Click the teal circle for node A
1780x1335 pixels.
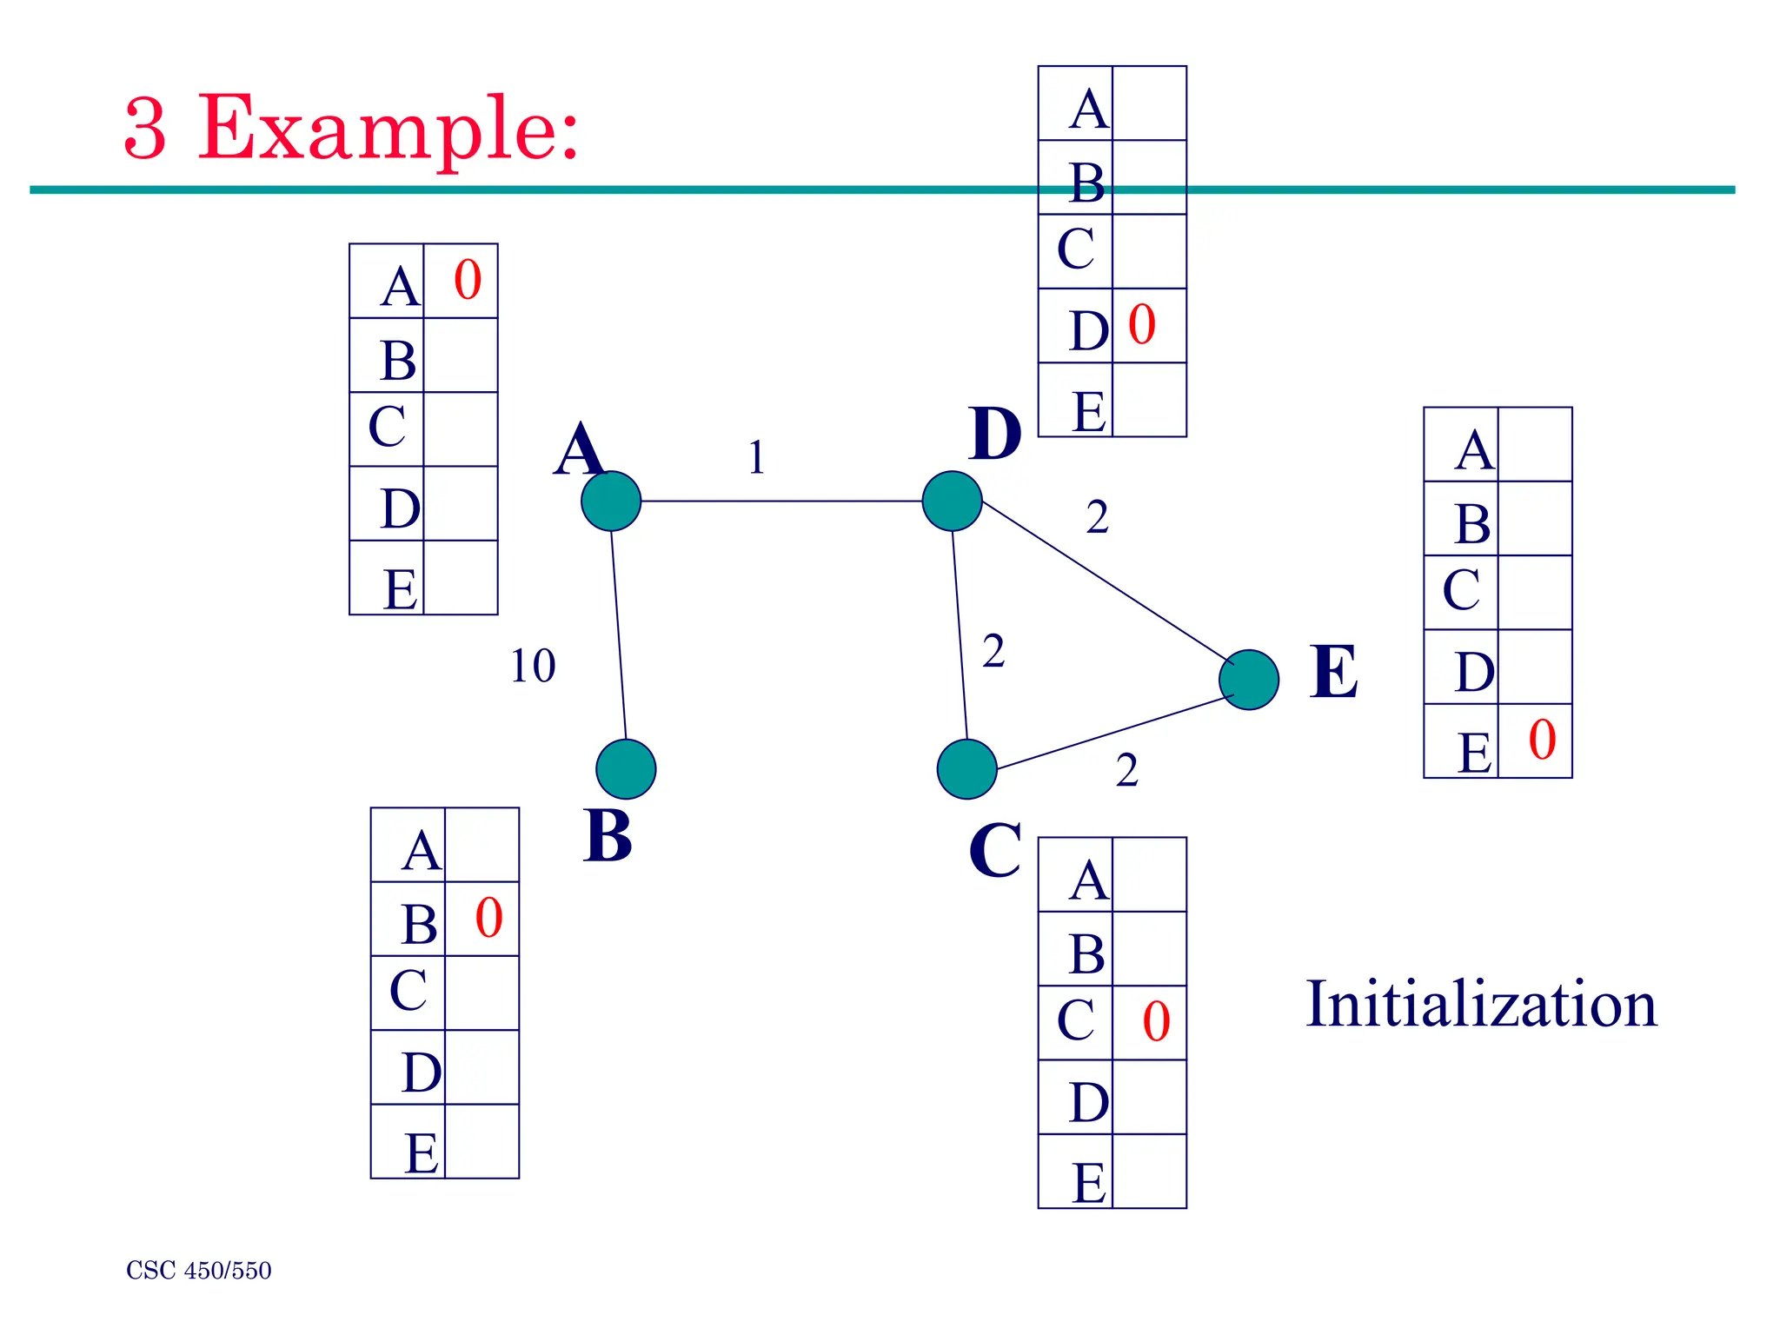point(611,501)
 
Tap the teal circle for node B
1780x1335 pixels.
point(626,769)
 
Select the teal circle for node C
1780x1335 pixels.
point(966,769)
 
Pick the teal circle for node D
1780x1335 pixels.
point(952,501)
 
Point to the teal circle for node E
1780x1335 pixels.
point(1249,680)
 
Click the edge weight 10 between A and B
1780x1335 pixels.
point(533,667)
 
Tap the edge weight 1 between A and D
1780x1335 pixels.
point(756,457)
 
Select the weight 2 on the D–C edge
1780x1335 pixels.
point(993,651)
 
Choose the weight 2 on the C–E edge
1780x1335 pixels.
point(1126,770)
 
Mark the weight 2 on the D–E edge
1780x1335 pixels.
point(1097,518)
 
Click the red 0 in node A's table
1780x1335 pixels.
point(468,281)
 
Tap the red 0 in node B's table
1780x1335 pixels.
point(488,918)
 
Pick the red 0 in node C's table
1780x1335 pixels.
point(1156,1021)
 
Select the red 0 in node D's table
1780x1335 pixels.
point(1141,325)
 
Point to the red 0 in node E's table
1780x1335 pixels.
point(1542,741)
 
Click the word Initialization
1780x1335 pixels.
point(1481,1005)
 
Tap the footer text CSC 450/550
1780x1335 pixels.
point(199,1271)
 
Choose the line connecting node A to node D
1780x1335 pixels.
point(782,501)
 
